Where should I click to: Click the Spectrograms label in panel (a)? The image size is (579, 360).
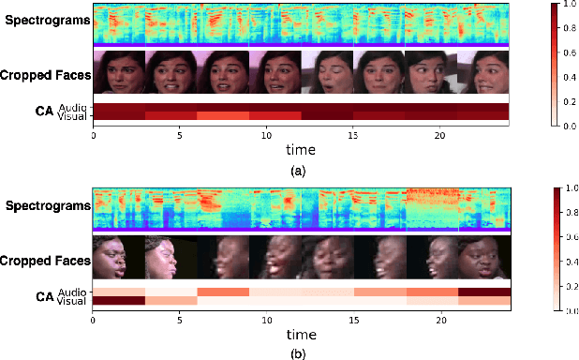click(45, 21)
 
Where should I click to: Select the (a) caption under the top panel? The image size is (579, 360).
click(299, 172)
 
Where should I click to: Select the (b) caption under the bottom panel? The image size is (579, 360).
click(299, 353)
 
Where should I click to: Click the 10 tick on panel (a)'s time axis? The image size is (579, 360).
click(266, 134)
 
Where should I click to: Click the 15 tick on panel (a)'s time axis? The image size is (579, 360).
click(353, 134)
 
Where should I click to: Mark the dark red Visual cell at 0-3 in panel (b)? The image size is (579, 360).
click(119, 300)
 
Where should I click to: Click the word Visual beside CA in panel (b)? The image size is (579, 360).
click(72, 300)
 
